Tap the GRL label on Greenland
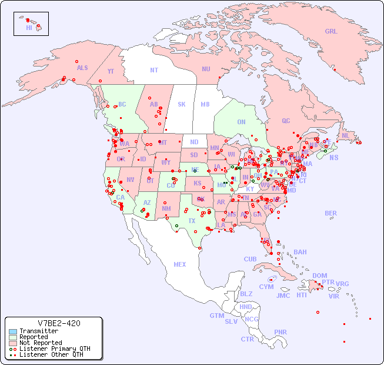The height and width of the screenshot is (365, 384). [x=331, y=32]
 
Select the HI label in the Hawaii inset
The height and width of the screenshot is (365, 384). [x=29, y=28]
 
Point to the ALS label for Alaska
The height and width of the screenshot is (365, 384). [x=82, y=68]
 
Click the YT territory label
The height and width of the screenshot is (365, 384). [x=111, y=71]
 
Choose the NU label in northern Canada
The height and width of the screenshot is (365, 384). [x=206, y=69]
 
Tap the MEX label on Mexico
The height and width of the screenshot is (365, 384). [x=180, y=264]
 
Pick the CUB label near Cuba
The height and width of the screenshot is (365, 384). [x=250, y=259]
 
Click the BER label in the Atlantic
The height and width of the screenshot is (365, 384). [x=330, y=213]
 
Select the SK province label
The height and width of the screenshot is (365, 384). [x=182, y=104]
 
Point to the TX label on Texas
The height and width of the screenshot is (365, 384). [x=192, y=221]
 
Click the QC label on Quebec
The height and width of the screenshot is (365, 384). [x=286, y=121]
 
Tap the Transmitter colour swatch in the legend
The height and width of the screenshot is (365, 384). [x=12, y=331]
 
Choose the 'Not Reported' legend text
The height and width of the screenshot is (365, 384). [x=41, y=343]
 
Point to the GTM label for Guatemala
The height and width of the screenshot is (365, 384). [x=216, y=316]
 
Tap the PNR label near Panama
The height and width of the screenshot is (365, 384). [x=281, y=332]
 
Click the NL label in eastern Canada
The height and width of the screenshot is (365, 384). [x=346, y=135]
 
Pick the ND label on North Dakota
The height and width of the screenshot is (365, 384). [x=194, y=142]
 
